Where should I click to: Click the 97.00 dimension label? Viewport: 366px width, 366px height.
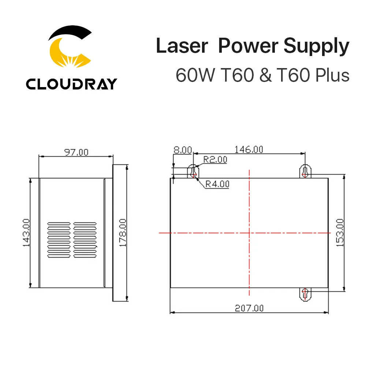(76, 152)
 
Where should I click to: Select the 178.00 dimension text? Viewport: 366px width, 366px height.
(123, 232)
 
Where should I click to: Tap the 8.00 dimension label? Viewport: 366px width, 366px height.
(182, 150)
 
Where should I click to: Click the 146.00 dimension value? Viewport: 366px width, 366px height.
(249, 149)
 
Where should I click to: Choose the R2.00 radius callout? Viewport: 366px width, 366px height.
(215, 160)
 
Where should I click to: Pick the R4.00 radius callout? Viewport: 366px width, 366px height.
(217, 184)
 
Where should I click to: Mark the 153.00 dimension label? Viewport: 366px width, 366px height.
(340, 232)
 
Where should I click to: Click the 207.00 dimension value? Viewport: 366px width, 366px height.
(249, 308)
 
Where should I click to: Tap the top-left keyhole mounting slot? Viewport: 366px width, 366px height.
(194, 171)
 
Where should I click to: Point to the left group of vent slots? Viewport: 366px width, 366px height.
(58, 240)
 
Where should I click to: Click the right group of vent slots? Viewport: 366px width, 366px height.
(85, 240)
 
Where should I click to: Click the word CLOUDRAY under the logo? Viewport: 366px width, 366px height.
(71, 84)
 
